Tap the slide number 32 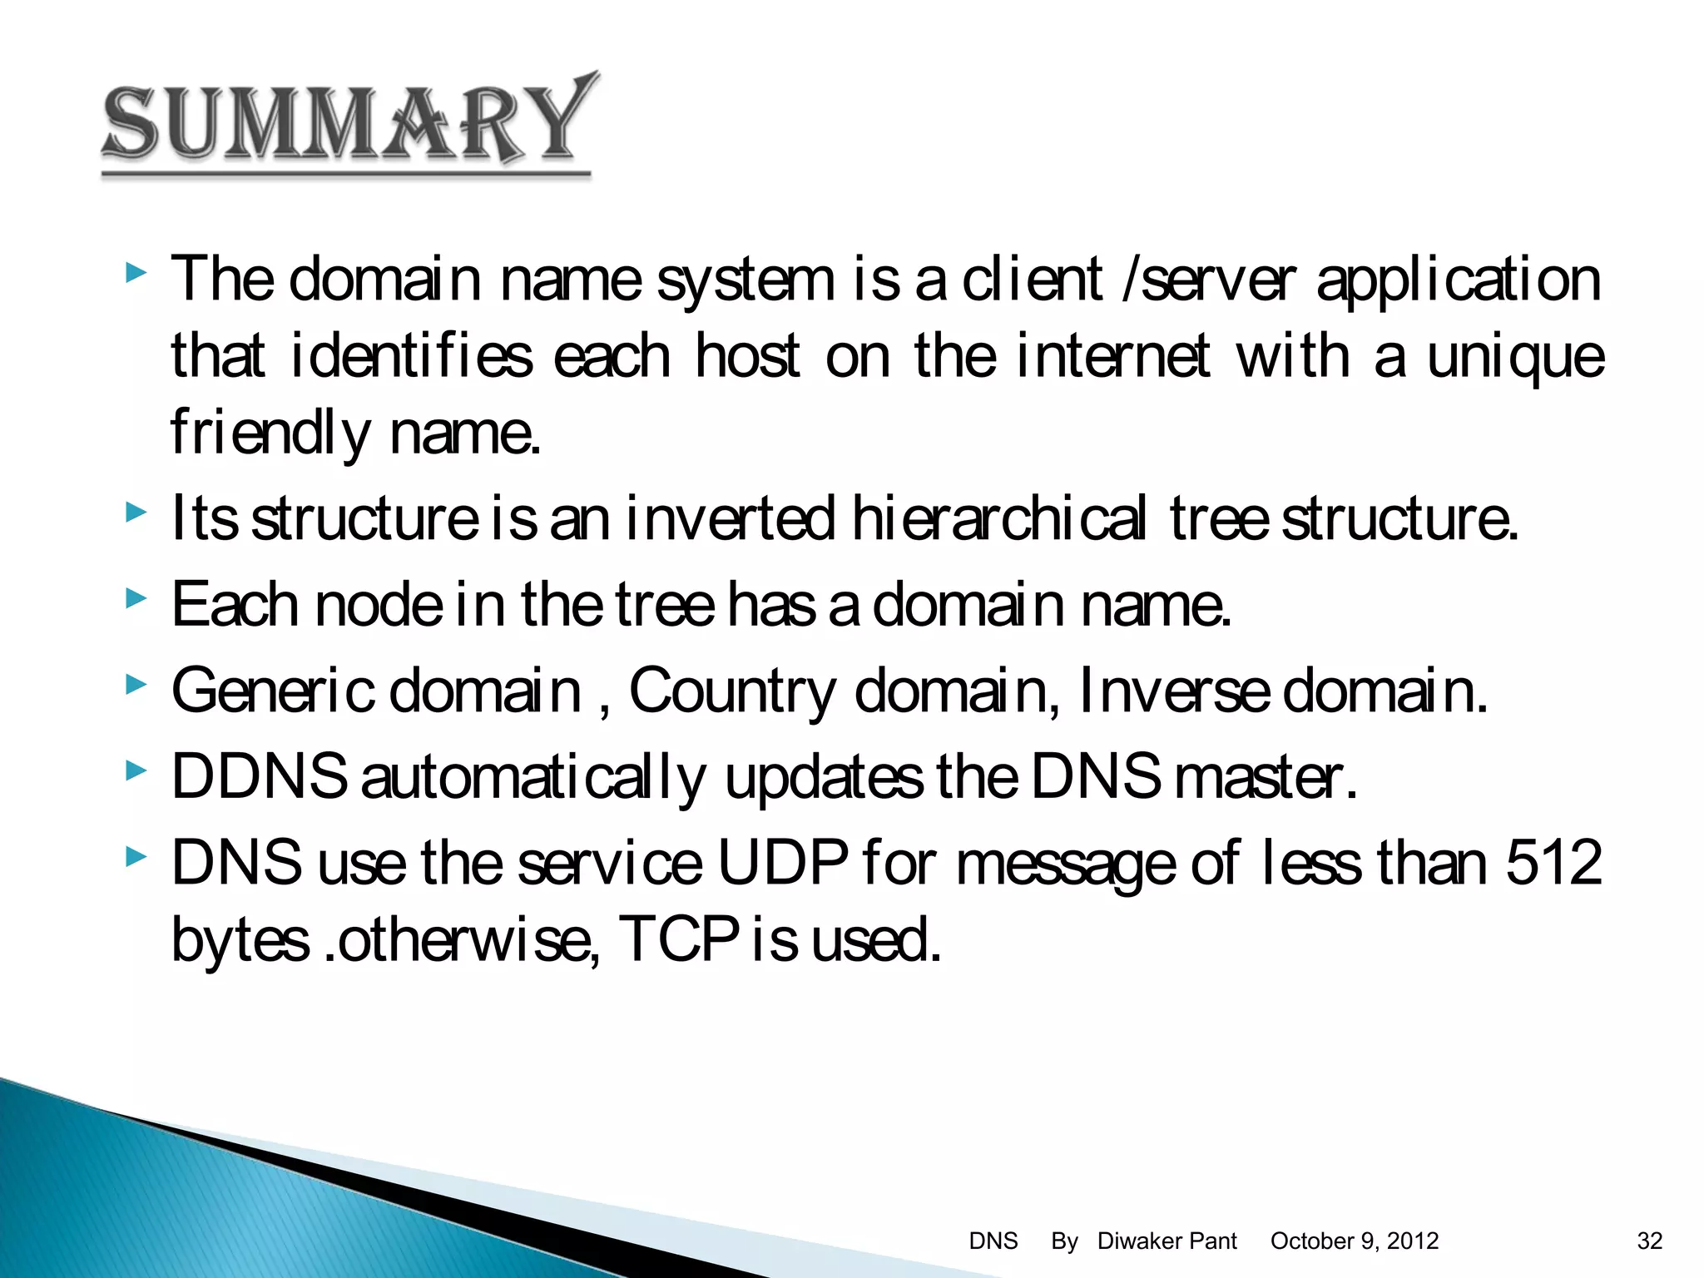point(1649,1241)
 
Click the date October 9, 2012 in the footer point(1354,1241)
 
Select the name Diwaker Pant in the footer point(1167,1241)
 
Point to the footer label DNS point(993,1241)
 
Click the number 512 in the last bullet point(1553,863)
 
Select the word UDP point(782,863)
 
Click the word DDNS point(259,775)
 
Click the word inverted point(730,518)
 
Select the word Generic point(273,690)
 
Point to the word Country point(732,691)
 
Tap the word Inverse point(1174,690)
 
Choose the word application point(1458,280)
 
